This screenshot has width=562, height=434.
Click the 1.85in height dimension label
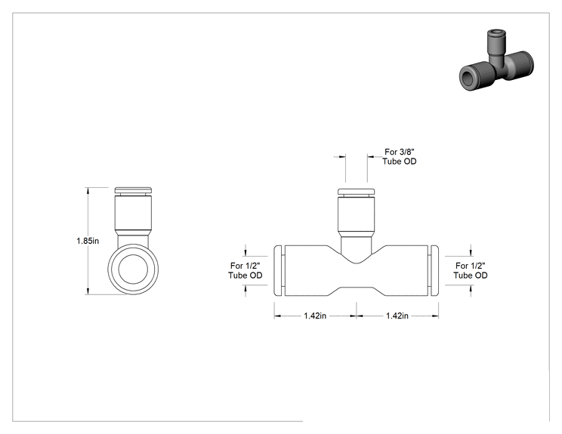pos(88,241)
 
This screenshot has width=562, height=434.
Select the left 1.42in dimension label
pos(315,315)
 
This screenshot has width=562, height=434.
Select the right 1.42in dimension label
pos(397,315)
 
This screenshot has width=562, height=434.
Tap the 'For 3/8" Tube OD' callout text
pos(400,156)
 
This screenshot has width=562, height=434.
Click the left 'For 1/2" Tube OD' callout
pos(245,270)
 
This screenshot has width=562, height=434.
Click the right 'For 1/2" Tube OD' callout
pos(471,270)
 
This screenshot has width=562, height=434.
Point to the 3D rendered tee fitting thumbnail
pos(496,60)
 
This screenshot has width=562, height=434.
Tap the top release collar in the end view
pos(133,190)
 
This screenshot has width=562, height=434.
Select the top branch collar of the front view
pos(357,192)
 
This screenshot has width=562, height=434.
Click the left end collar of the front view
pos(278,271)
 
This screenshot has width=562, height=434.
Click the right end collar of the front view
pos(434,271)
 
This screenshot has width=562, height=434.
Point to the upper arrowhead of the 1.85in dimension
pos(88,190)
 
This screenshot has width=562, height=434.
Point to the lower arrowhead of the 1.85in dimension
pos(88,291)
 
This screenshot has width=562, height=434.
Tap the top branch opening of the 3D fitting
pos(495,34)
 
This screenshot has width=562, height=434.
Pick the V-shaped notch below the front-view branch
pos(357,256)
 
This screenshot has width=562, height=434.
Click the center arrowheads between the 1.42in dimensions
pos(357,315)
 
